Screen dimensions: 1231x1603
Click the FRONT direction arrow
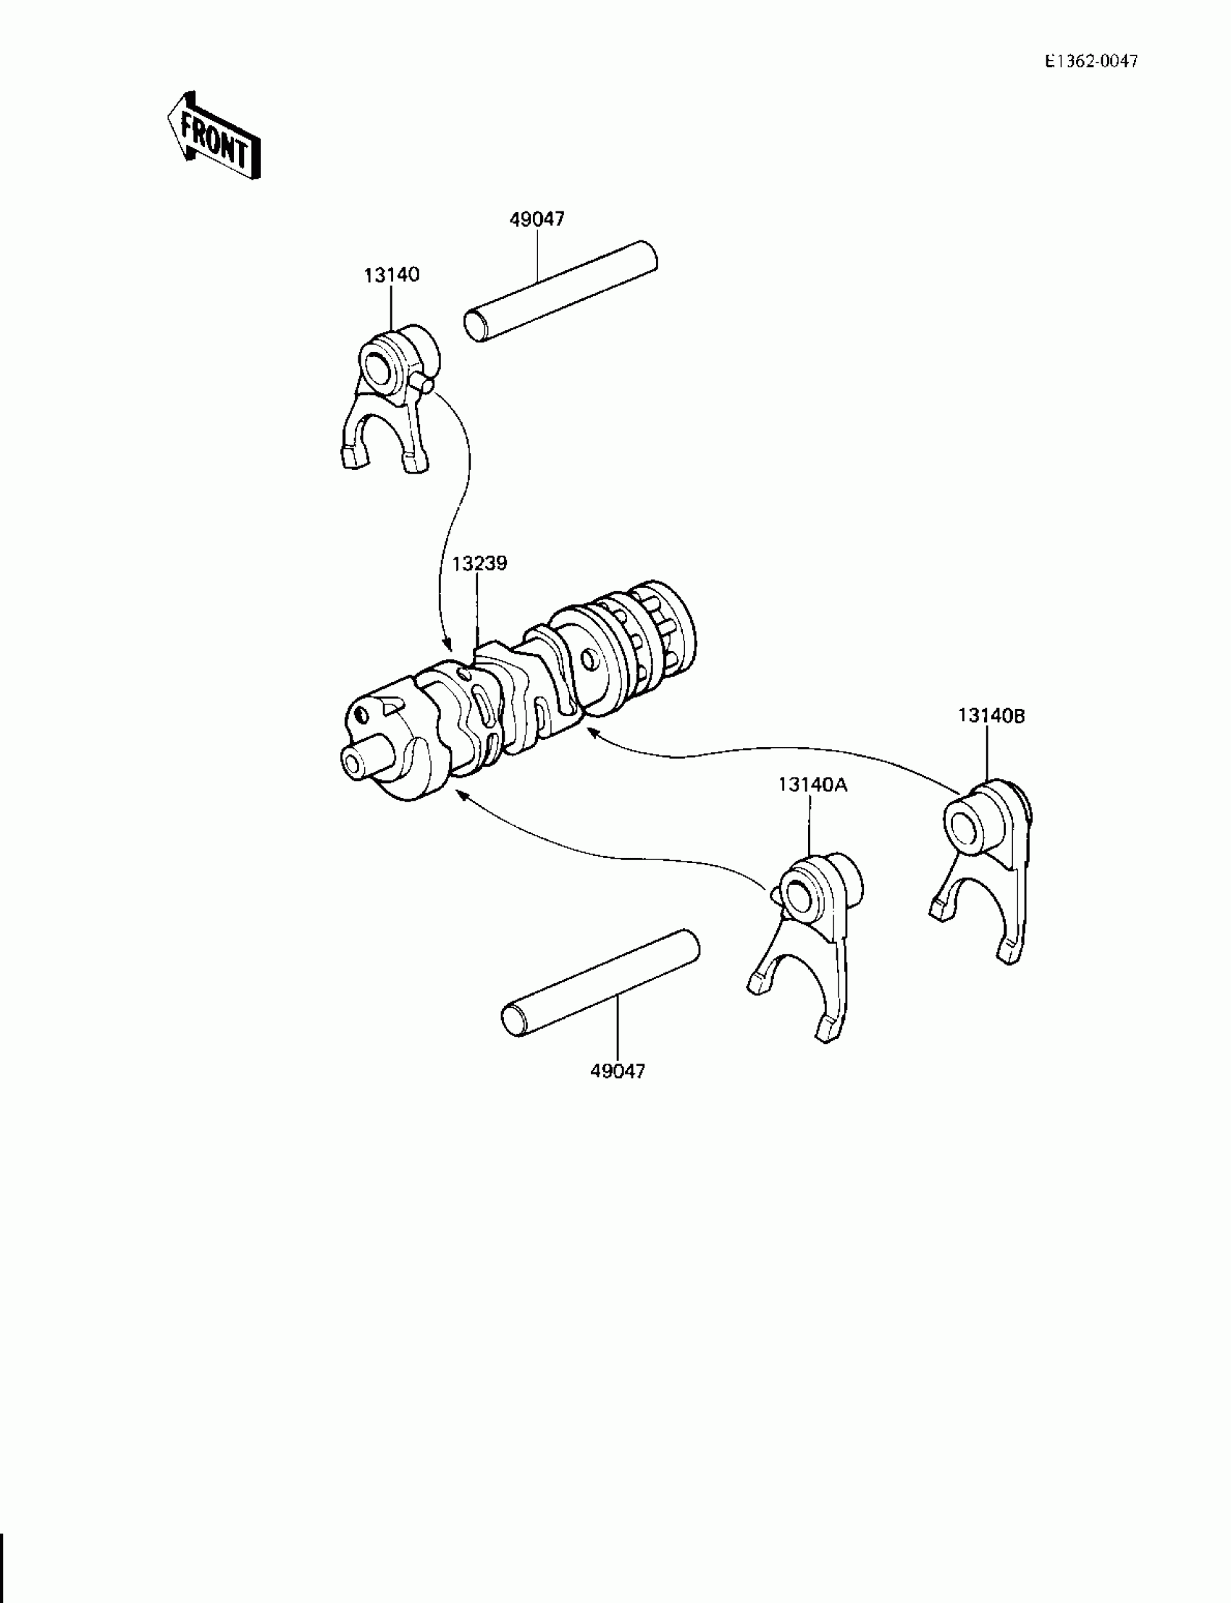click(x=213, y=137)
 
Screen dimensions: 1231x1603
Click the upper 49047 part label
click(x=537, y=219)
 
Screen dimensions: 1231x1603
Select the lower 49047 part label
click(x=618, y=1071)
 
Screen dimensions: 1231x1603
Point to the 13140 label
click(x=391, y=274)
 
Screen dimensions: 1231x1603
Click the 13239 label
click(x=479, y=563)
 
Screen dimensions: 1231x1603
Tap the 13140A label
click(x=812, y=785)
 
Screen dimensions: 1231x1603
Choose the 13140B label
click(x=991, y=716)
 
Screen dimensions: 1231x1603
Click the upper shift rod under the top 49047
click(x=560, y=291)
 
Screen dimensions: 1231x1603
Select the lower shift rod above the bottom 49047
click(x=600, y=983)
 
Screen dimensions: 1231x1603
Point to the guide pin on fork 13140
click(x=424, y=381)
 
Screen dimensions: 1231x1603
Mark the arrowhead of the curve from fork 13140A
click(x=459, y=794)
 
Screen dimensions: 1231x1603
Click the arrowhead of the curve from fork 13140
click(x=447, y=644)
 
